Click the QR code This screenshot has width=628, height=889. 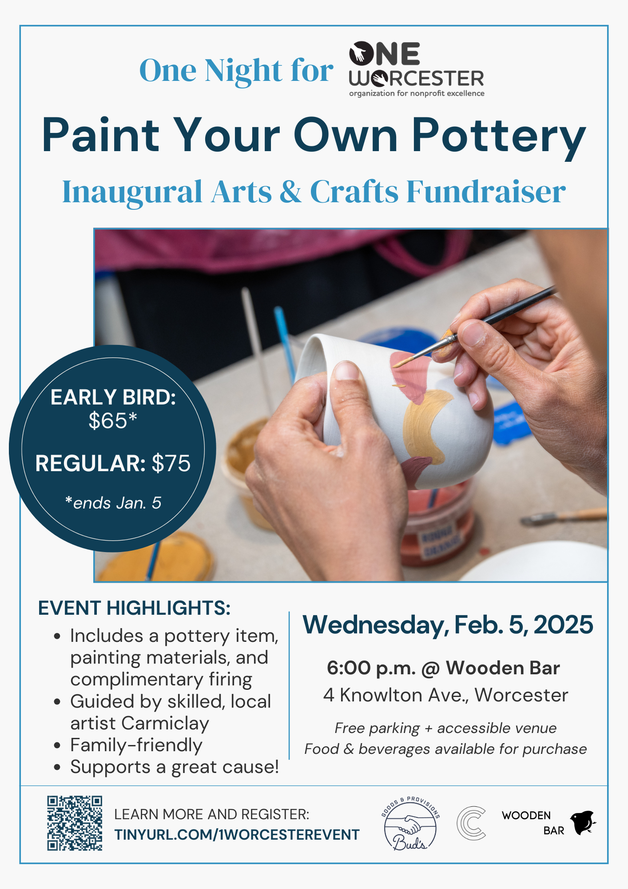pyautogui.click(x=75, y=823)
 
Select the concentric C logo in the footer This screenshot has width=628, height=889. pyautogui.click(x=471, y=823)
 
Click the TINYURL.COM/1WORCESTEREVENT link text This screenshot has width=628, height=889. pyautogui.click(x=237, y=835)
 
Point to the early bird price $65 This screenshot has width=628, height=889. pyautogui.click(x=113, y=420)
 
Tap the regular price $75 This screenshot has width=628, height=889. pyautogui.click(x=171, y=463)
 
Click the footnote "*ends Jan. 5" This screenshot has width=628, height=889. pyautogui.click(x=113, y=503)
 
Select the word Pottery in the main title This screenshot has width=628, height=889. pyautogui.click(x=499, y=136)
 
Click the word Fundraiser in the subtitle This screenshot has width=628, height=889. pyautogui.click(x=486, y=192)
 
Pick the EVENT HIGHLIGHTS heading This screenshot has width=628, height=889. pyautogui.click(x=134, y=608)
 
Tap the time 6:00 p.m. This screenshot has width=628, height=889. pyautogui.click(x=371, y=668)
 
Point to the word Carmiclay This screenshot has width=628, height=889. pyautogui.click(x=165, y=724)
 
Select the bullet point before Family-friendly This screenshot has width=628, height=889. pyautogui.click(x=57, y=745)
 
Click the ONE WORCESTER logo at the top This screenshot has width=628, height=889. pyautogui.click(x=417, y=69)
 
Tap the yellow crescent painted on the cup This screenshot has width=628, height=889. pyautogui.click(x=425, y=426)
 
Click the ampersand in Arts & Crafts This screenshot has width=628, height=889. pyautogui.click(x=291, y=192)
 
